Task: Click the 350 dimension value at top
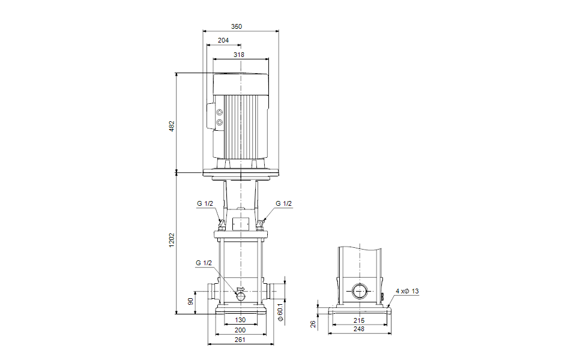237,26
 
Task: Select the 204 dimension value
223,40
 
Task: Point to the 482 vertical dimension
171,126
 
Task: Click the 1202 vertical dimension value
171,241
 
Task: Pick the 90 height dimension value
192,302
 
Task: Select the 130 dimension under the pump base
240,320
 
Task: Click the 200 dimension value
240,330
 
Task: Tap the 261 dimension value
240,340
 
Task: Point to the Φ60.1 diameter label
280,313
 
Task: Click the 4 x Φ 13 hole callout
407,291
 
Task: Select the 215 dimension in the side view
358,320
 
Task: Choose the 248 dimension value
358,329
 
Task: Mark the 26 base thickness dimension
313,323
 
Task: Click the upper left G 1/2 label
205,204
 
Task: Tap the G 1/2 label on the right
283,204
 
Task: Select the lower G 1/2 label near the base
204,263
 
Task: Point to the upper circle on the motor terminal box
219,113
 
